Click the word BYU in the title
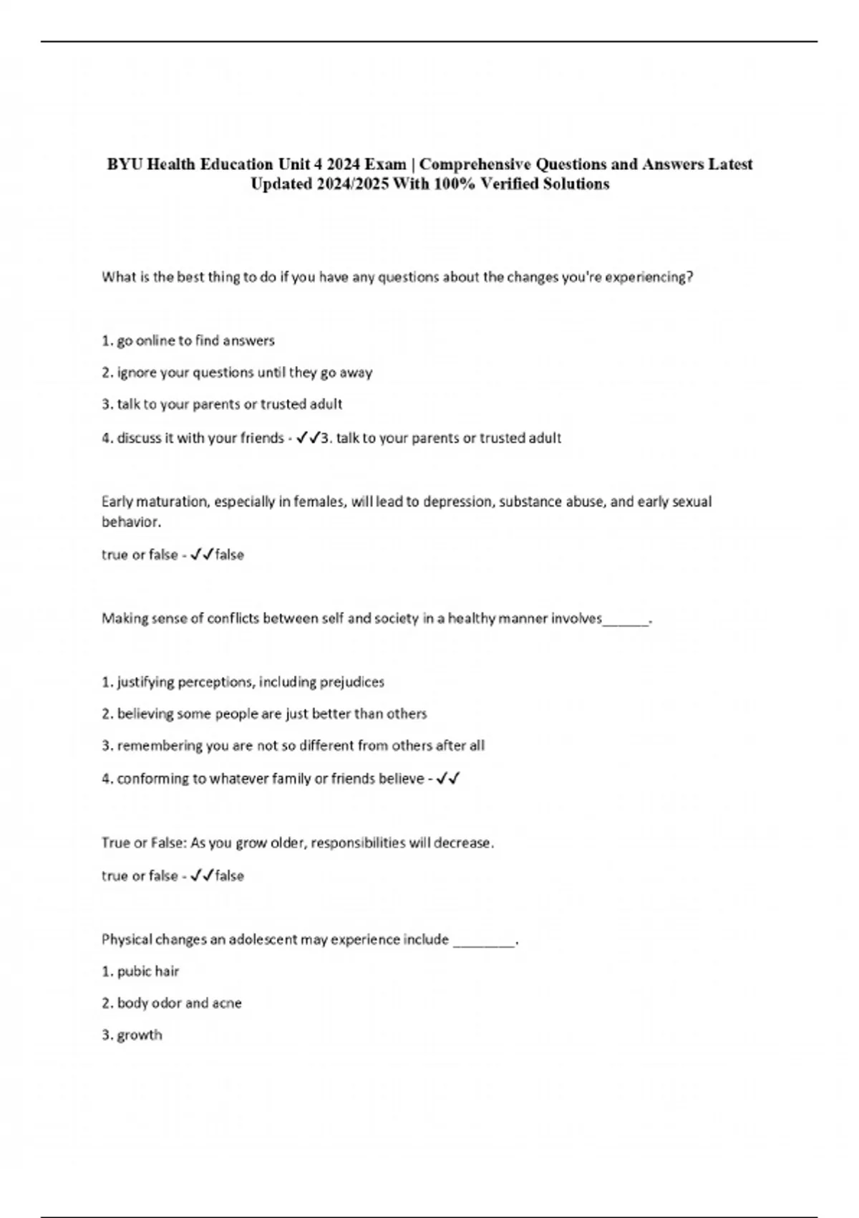(125, 165)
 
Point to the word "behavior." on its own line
(132, 522)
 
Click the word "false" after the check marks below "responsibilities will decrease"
(230, 876)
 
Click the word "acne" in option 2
(227, 1003)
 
